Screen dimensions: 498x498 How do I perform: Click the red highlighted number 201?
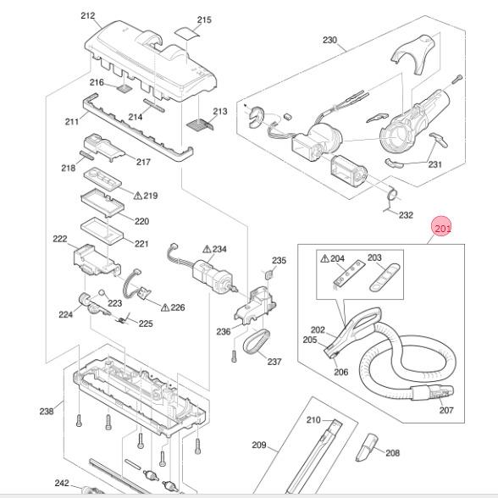[442, 229]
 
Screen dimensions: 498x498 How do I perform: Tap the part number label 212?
[88, 15]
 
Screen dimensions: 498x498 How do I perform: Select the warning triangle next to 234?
[207, 249]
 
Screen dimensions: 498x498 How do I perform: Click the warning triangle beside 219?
[138, 196]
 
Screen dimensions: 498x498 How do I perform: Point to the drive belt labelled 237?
[257, 341]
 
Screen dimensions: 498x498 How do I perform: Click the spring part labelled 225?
[124, 318]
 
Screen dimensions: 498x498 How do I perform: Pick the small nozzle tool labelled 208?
[367, 447]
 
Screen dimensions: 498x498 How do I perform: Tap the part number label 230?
[329, 40]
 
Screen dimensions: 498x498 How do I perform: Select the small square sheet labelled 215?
[188, 33]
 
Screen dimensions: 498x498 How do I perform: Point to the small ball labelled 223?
[102, 292]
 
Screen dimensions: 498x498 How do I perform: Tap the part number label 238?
[47, 412]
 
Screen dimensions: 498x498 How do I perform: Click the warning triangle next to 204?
[324, 258]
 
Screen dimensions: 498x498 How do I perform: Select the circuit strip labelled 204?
[349, 273]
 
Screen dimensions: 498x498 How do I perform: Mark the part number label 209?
[259, 445]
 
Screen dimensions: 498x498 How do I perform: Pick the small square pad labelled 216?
[125, 89]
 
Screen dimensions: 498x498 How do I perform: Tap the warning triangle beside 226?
[165, 307]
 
